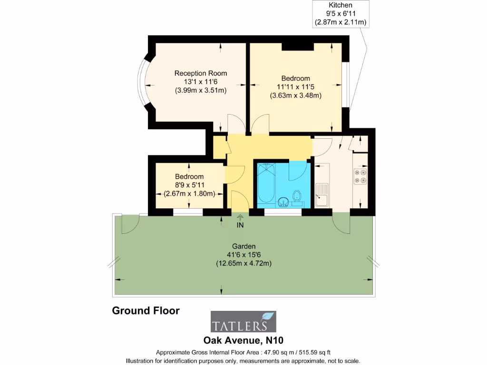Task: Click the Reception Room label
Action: tap(201, 73)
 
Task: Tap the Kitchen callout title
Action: tap(341, 5)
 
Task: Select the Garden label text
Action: tap(244, 247)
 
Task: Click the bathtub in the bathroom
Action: tap(266, 182)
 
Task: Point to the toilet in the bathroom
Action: tap(297, 196)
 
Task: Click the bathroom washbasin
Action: tap(283, 202)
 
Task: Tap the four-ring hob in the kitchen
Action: tap(360, 176)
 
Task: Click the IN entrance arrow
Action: tap(240, 217)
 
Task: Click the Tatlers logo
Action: tap(243, 322)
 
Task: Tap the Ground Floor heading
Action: tap(146, 311)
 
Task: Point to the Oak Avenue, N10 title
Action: tap(243, 340)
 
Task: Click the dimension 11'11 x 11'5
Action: tap(295, 87)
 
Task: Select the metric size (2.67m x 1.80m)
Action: tap(189, 194)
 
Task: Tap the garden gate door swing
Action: tap(130, 225)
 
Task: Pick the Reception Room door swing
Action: tap(236, 123)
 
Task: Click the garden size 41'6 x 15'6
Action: tap(244, 255)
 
